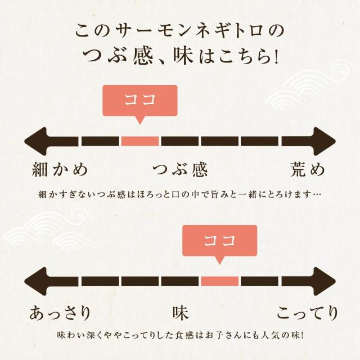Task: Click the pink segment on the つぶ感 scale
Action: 140,141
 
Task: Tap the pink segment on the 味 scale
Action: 220,281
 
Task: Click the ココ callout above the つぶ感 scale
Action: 140,101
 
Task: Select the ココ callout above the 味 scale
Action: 220,241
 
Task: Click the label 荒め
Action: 308,169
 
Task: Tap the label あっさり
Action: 60,313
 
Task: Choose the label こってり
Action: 308,313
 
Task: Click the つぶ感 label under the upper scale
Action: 180,169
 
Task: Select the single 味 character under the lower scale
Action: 181,313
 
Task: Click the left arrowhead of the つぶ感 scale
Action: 35,141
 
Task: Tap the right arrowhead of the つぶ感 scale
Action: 325,141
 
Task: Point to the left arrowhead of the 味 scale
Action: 35,281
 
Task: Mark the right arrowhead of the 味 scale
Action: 325,281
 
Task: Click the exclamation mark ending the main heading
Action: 276,56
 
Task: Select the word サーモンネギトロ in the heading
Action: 189,31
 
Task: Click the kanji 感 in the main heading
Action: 142,56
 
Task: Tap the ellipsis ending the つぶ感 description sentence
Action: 317,195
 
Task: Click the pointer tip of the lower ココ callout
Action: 220,264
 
